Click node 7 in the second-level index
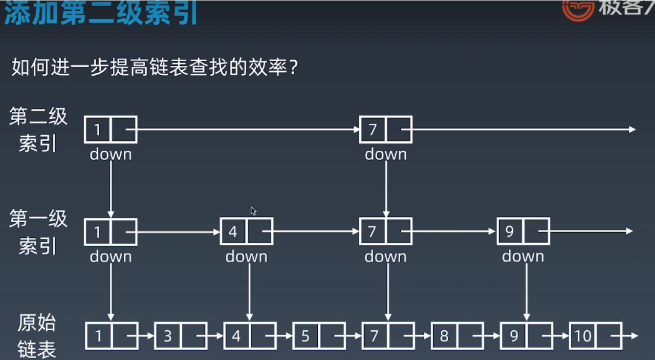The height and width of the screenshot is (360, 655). (x=386, y=129)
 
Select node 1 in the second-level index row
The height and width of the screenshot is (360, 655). (x=110, y=129)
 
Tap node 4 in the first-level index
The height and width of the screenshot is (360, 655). (x=246, y=231)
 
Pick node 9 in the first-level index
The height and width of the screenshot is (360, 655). (x=523, y=231)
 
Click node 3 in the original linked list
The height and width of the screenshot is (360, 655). (x=180, y=336)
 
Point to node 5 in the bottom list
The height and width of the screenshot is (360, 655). (x=319, y=336)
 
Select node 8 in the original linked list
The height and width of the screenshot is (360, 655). (x=457, y=336)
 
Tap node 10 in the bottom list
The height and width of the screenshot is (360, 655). (x=595, y=336)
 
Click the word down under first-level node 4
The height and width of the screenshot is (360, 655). (x=246, y=256)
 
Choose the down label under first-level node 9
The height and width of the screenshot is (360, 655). (x=523, y=256)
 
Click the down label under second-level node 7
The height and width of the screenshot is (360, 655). (x=386, y=154)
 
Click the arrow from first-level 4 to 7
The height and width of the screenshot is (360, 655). (x=316, y=231)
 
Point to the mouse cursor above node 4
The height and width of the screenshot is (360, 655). (x=253, y=211)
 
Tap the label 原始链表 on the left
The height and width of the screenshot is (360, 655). (x=37, y=336)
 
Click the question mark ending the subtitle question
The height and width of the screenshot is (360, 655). (x=293, y=67)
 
